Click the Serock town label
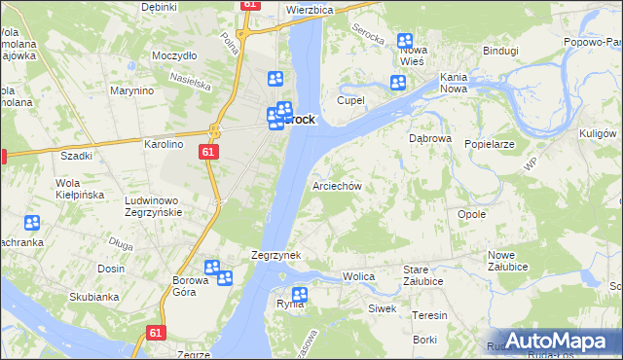(x=299, y=120)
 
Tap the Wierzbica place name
(x=310, y=9)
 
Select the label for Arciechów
(x=337, y=185)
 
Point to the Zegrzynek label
(x=275, y=255)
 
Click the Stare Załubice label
(x=423, y=276)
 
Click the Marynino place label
(x=132, y=90)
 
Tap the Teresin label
(x=429, y=315)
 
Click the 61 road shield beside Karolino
(x=209, y=152)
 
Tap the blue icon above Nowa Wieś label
(x=405, y=41)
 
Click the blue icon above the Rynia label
(x=300, y=294)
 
